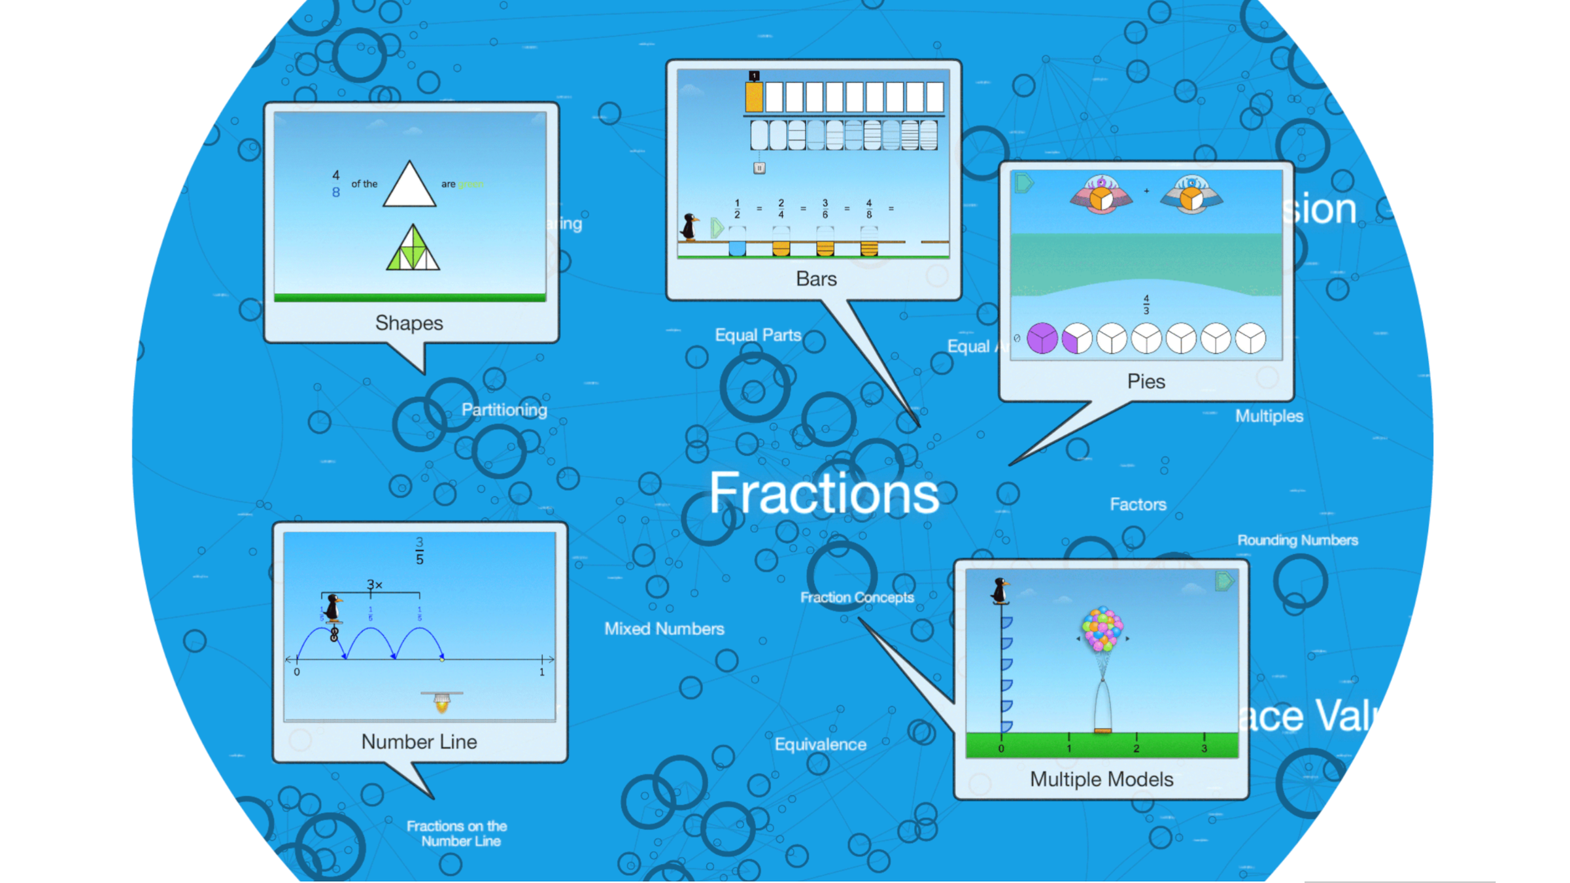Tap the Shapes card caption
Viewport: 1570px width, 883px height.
tap(409, 323)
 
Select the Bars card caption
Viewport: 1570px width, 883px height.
tap(816, 279)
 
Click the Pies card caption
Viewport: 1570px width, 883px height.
tap(1146, 381)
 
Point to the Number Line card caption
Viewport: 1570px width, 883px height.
tap(419, 742)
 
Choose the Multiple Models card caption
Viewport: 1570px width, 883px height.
tap(1101, 779)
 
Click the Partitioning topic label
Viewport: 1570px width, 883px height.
tap(504, 410)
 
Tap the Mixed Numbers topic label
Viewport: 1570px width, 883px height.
tap(664, 629)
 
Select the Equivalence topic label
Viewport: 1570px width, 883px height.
tap(820, 744)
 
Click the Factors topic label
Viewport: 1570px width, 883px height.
tap(1138, 504)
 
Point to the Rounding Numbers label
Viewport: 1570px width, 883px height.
tap(1297, 540)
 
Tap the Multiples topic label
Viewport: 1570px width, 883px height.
tap(1269, 416)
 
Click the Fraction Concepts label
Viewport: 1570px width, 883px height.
tap(857, 597)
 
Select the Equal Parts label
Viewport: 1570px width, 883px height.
tap(758, 335)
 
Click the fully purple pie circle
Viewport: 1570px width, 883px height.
tap(1042, 339)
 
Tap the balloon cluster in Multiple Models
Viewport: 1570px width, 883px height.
tap(1102, 629)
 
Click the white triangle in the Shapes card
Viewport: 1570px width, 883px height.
tap(409, 187)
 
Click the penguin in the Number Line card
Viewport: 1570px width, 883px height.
tap(333, 608)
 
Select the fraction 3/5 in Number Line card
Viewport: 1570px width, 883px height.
tap(419, 551)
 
